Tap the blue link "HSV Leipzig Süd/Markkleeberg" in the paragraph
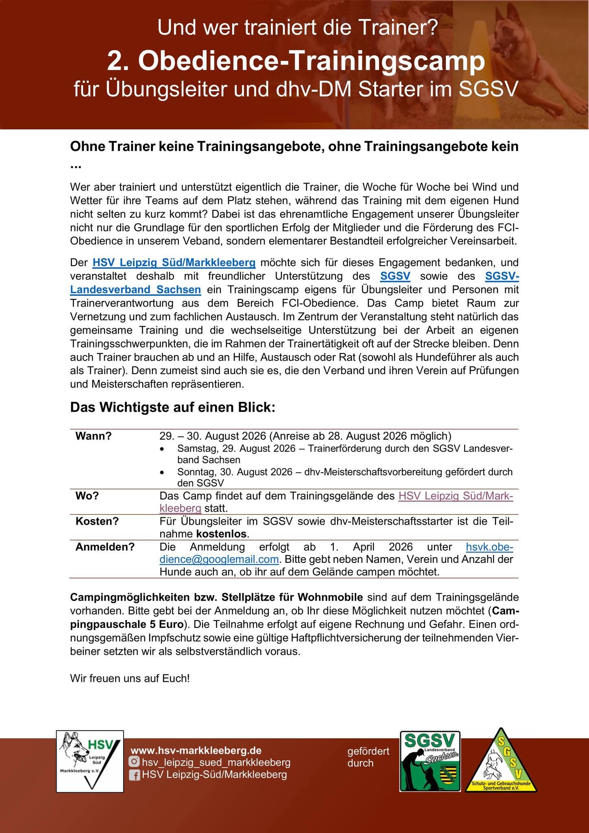pyautogui.click(x=174, y=263)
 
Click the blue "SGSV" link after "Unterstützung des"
pyautogui.click(x=395, y=276)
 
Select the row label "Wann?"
pyautogui.click(x=94, y=436)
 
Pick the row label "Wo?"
pyautogui.click(x=87, y=496)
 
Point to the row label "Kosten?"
pyautogui.click(x=97, y=521)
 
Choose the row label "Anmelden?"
pyautogui.click(x=105, y=547)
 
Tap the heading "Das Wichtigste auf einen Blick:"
pyautogui.click(x=173, y=407)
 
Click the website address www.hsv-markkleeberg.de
pyautogui.click(x=196, y=750)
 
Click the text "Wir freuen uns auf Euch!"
pyautogui.click(x=130, y=678)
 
